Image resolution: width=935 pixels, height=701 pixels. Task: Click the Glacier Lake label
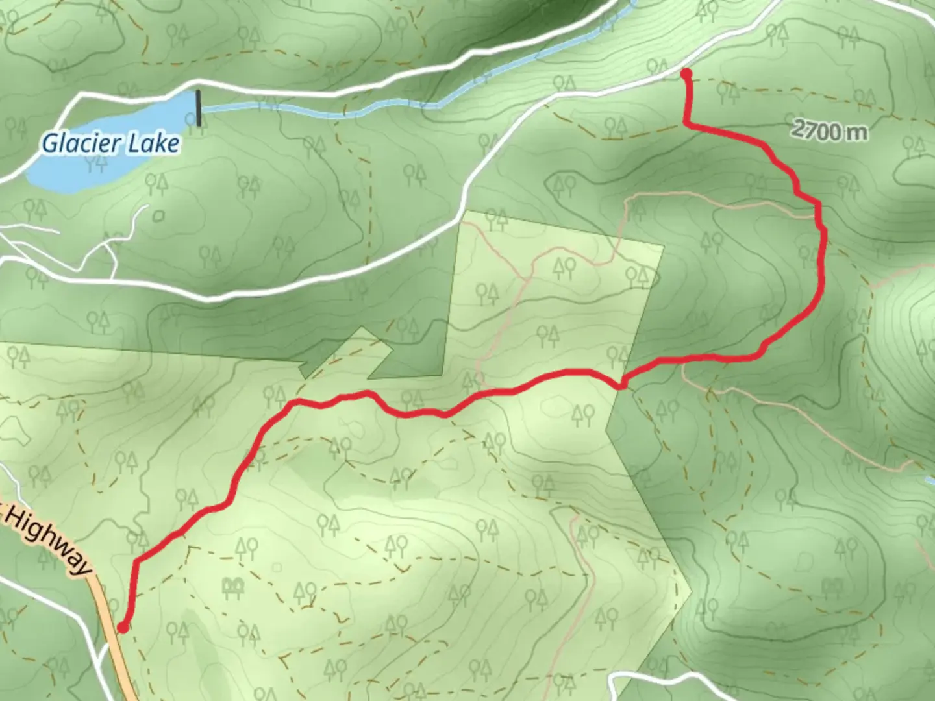pyautogui.click(x=110, y=143)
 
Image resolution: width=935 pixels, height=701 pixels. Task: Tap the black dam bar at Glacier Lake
pyautogui.click(x=199, y=108)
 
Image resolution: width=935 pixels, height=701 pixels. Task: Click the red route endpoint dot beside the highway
pyautogui.click(x=123, y=627)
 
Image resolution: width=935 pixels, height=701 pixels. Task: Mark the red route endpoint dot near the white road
pyautogui.click(x=686, y=75)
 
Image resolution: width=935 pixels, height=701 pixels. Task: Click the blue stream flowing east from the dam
pyautogui.click(x=325, y=112)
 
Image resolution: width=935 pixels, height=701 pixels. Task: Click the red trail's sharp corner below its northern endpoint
pyautogui.click(x=687, y=123)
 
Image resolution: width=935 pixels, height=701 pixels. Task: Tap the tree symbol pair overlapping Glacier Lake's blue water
pyautogui.click(x=99, y=162)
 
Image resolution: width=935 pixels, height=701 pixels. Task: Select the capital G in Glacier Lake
pyautogui.click(x=49, y=142)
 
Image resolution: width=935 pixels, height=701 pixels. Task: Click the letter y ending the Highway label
pyautogui.click(x=83, y=567)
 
